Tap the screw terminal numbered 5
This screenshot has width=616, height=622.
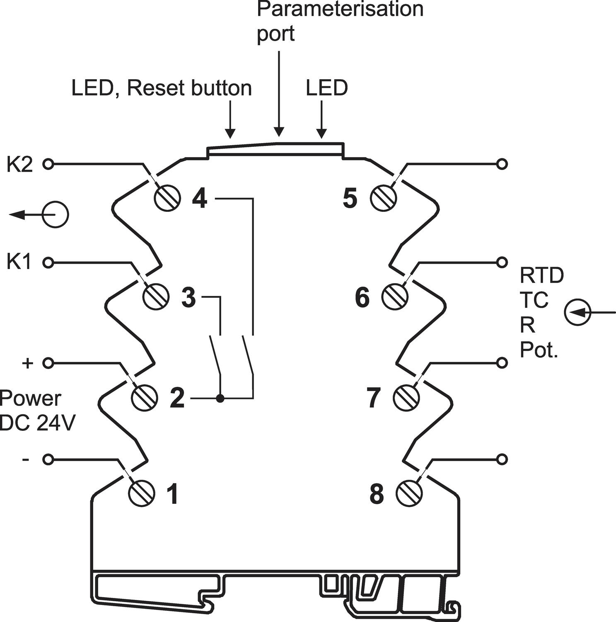[384, 199]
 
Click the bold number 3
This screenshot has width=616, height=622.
[188, 297]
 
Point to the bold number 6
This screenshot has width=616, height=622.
[362, 297]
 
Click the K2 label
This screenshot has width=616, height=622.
[19, 165]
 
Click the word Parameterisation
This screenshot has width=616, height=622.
[341, 9]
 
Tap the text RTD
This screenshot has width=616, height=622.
[542, 275]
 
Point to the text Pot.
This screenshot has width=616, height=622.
[539, 350]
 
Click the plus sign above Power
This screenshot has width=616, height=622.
[27, 363]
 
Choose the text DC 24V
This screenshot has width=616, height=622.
[37, 423]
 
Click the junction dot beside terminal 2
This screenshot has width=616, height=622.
[220, 399]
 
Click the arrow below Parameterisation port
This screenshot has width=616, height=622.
[279, 94]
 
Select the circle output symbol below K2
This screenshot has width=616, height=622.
[55, 214]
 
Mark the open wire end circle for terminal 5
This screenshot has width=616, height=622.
[502, 164]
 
